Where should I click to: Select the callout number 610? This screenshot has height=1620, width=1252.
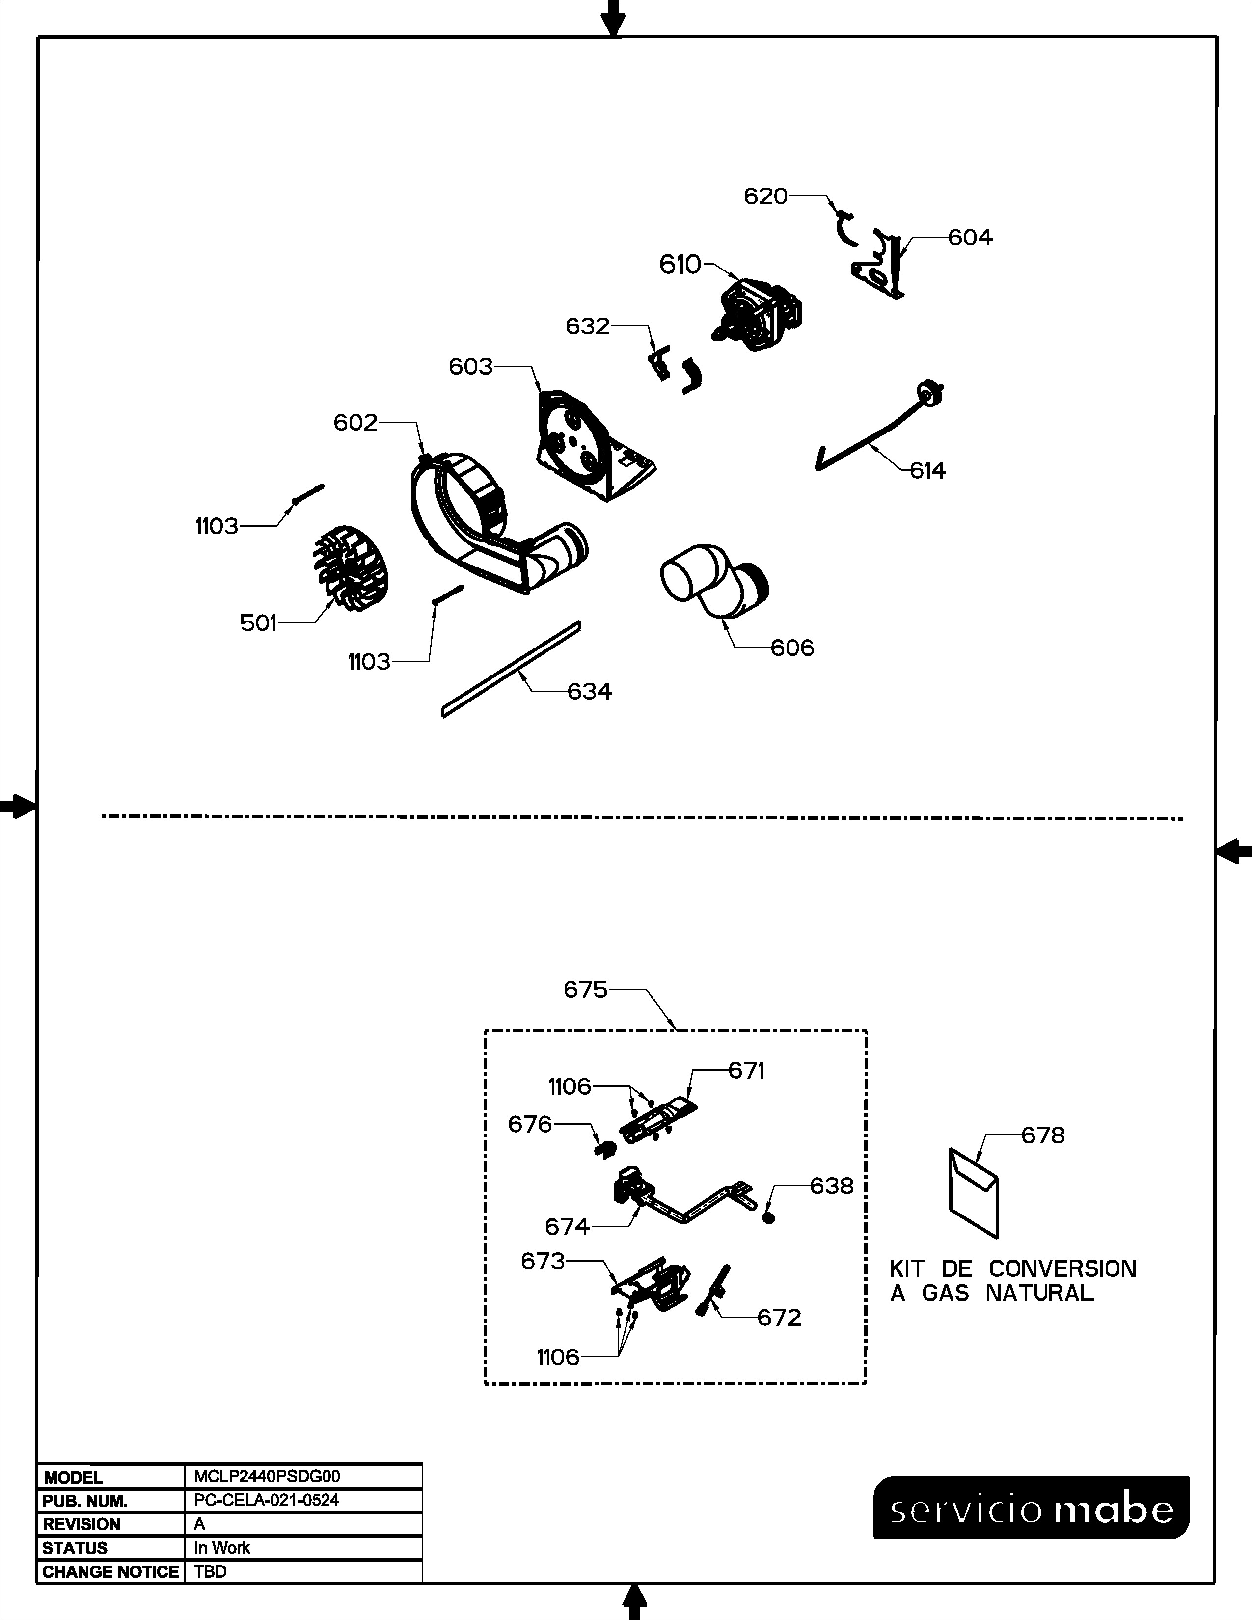680,264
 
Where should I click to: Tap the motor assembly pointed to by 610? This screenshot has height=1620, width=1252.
760,313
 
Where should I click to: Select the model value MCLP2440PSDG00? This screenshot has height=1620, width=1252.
267,1477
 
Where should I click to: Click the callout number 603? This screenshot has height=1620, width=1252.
470,366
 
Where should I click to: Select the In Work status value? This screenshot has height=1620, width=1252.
222,1548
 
